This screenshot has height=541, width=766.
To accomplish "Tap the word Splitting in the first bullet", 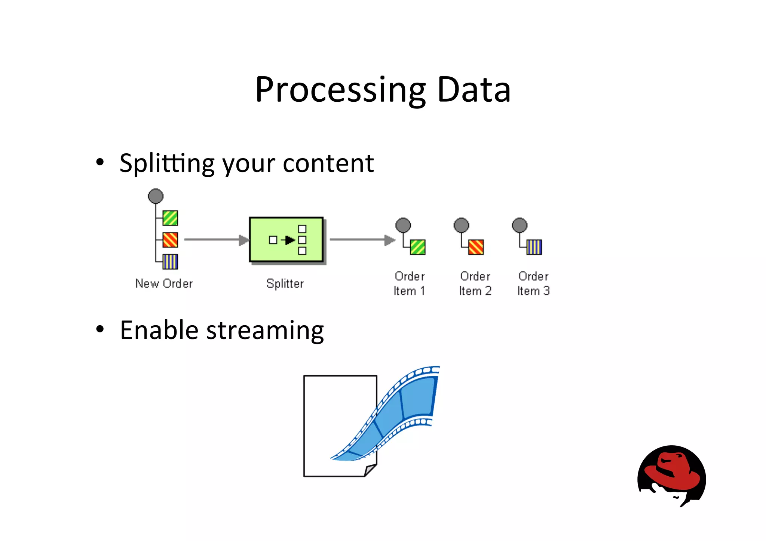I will (167, 164).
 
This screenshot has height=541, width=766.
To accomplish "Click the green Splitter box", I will (286, 240).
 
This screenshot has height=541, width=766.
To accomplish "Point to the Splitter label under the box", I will (285, 283).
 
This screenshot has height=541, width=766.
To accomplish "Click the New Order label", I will (164, 283).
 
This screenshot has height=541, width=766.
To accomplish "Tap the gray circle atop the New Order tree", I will (156, 196).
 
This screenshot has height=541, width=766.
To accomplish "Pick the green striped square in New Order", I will (170, 218).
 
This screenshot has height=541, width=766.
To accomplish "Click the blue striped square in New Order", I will (170, 262).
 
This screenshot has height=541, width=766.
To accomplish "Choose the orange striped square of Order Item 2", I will (476, 247).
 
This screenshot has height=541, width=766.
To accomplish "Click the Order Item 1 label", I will (409, 283).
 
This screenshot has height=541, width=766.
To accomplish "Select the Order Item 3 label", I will (533, 283).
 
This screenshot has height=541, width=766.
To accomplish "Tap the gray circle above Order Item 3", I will (520, 225).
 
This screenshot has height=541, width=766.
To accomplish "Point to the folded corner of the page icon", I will (370, 470).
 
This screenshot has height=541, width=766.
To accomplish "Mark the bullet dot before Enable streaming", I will (99, 329).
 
